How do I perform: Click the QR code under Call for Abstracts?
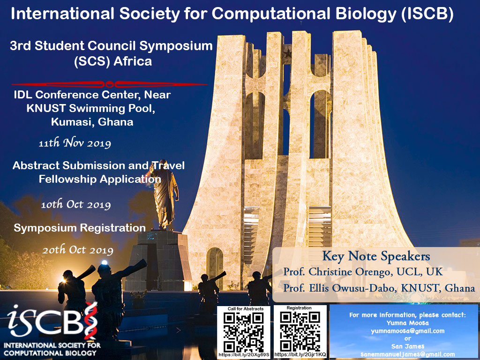pyautogui.click(x=243, y=332)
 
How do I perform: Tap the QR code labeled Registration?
pyautogui.click(x=300, y=331)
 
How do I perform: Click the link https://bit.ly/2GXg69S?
pyautogui.click(x=244, y=355)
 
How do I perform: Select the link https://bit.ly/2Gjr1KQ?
pyautogui.click(x=300, y=354)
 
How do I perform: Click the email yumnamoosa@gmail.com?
pyautogui.click(x=407, y=331)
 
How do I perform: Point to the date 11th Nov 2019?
pyautogui.click(x=75, y=143)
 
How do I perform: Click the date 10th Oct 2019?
pyautogui.click(x=76, y=204)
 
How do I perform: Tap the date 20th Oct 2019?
pyautogui.click(x=78, y=250)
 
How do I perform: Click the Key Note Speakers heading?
pyautogui.click(x=376, y=256)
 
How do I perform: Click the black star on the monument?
pyautogui.click(x=287, y=54)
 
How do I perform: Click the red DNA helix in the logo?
pyautogui.click(x=90, y=320)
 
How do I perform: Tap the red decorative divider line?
pyautogui.click(x=109, y=84)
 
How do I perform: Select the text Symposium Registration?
pyautogui.click(x=80, y=228)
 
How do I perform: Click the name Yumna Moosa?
pyautogui.click(x=407, y=323)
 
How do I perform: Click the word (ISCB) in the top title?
pyautogui.click(x=427, y=14)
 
